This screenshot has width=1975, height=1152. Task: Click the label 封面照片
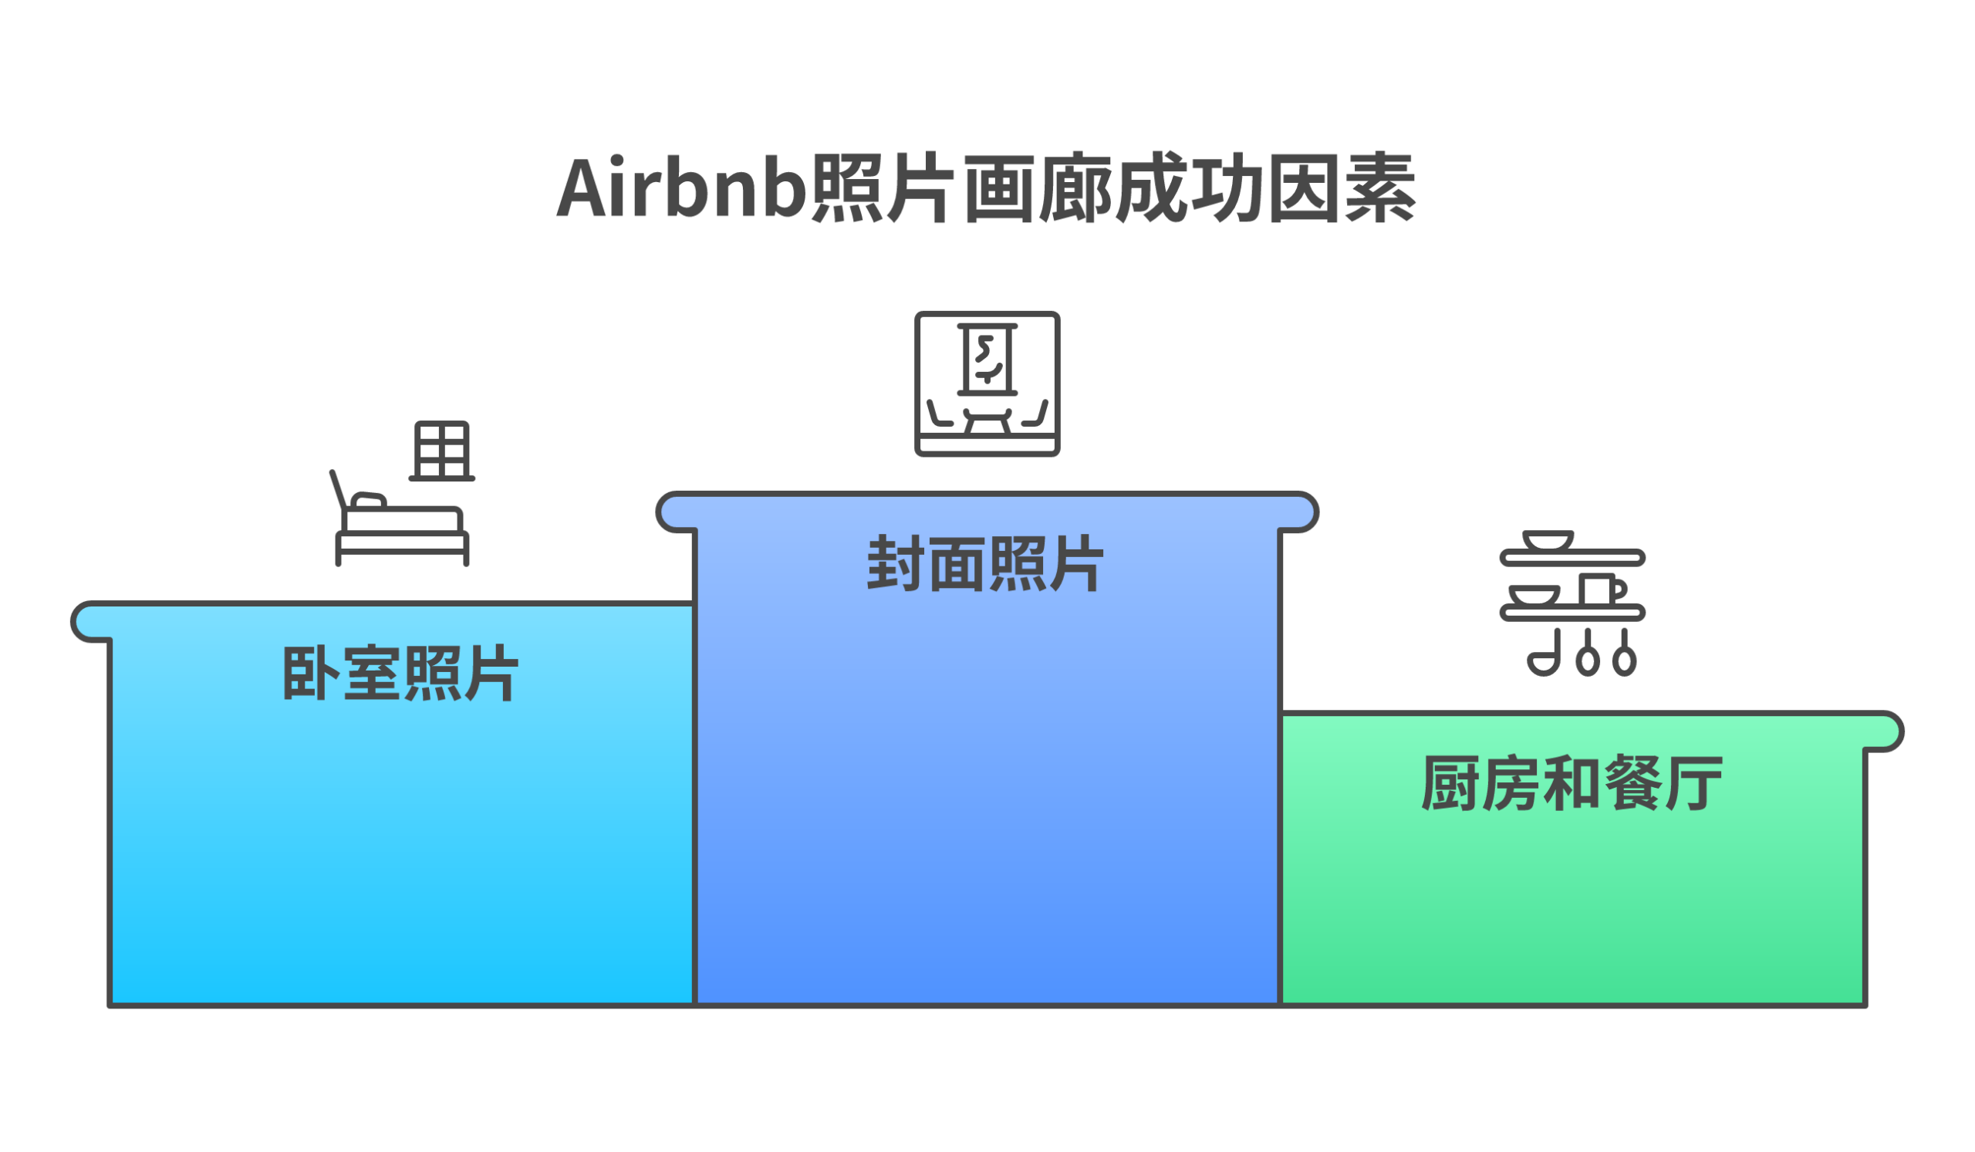985,563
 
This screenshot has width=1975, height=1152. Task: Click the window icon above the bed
442,451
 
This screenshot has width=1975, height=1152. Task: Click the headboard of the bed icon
338,489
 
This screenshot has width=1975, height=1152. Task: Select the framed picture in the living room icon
987,360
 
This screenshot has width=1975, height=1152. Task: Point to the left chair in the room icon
938,414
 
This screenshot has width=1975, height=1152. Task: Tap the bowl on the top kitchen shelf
1547,541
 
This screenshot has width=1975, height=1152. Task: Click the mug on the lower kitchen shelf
1599,590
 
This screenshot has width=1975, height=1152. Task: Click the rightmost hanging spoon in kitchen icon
1625,657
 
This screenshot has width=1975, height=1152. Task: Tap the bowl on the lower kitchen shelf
1534,596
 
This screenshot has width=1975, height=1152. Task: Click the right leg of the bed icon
466,553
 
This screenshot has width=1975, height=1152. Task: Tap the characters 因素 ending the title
1341,189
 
